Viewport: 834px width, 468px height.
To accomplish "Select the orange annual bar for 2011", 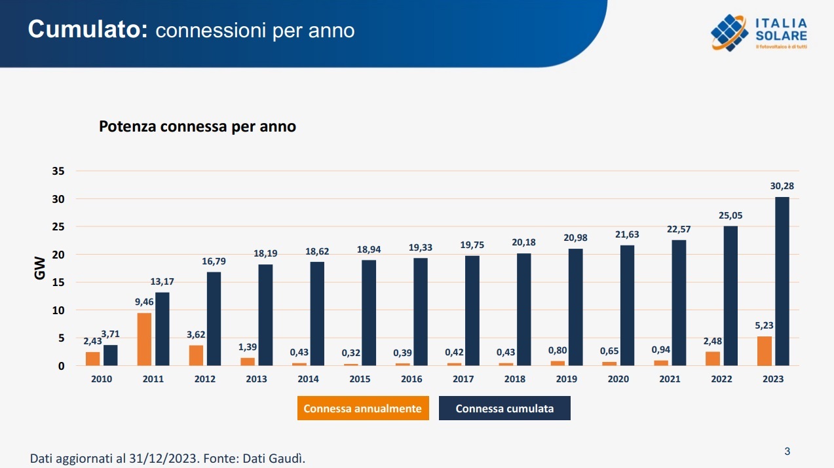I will pos(144,339).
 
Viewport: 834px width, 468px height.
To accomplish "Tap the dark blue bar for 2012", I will pos(214,319).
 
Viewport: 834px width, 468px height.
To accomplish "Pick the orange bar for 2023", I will pos(765,351).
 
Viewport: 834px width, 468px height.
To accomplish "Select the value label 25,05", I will pos(730,215).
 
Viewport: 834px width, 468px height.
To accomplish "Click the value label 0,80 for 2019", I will pos(558,350).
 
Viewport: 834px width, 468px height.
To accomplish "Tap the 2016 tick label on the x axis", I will pos(411,379).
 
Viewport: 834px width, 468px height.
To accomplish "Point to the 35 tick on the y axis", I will pos(58,171).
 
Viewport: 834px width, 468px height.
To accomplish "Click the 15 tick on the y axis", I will pos(58,283).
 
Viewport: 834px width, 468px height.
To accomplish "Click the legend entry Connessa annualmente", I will pos(362,408).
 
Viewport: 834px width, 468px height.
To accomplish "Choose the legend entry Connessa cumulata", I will pos(504,408).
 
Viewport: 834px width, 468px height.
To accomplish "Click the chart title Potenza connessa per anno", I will pos(197,127).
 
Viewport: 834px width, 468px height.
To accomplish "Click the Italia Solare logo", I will pos(759,32).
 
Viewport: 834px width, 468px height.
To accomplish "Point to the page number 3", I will pos(787,451).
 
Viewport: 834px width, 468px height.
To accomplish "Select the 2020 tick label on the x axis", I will pos(618,379).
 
